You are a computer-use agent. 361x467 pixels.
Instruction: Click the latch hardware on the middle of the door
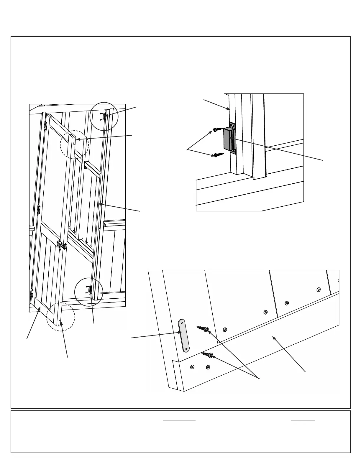point(61,245)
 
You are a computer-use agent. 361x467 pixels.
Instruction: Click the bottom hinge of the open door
point(32,292)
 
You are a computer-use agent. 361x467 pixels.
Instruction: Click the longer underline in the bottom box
point(179,420)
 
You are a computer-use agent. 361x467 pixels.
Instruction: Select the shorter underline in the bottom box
point(303,420)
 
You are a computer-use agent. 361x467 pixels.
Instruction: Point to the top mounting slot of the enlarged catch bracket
point(232,126)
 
